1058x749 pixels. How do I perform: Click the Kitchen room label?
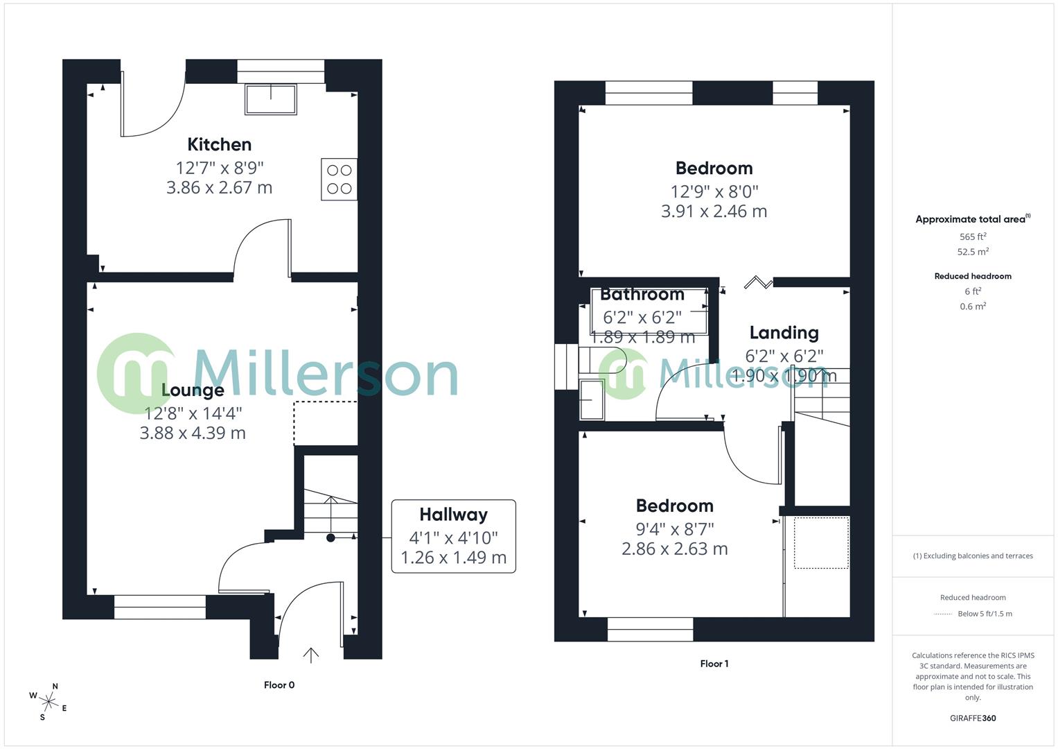pos(219,144)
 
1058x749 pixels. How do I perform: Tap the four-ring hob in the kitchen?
pos(339,179)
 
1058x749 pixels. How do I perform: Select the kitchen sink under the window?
pos(270,98)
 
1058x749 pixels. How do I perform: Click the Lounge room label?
pos(193,390)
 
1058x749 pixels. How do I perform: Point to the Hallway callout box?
pos(453,536)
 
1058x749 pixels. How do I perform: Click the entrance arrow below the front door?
pos(311,655)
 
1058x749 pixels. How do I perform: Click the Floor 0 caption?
pos(279,685)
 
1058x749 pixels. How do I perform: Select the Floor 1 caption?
pos(714,664)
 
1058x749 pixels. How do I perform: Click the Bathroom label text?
pos(642,294)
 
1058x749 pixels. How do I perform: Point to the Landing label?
pos(784,333)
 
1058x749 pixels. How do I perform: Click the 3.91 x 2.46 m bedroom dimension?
pos(714,212)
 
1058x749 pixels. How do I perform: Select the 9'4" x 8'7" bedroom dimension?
pos(674,529)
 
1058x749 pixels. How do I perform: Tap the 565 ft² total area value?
pos(973,236)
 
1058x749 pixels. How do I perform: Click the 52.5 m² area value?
pos(973,252)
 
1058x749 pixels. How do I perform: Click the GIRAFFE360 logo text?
pos(973,718)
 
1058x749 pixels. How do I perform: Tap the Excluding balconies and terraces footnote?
pos(973,556)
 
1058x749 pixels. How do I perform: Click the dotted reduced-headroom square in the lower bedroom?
pos(821,543)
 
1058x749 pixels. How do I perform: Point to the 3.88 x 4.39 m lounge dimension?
pos(193,433)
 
